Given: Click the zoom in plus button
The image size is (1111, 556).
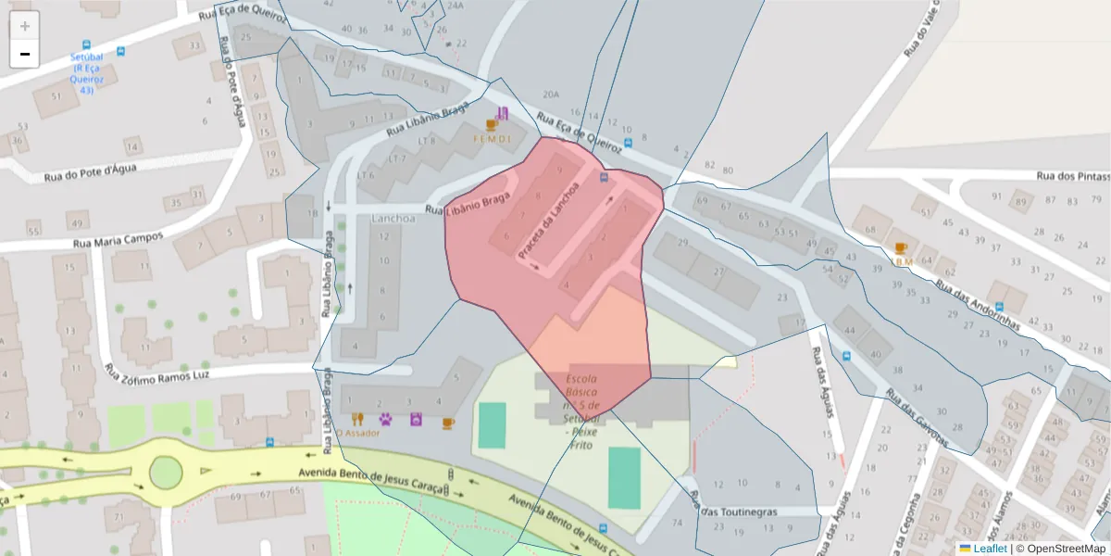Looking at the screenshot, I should click(25, 26).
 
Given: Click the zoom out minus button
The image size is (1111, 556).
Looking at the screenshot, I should click(25, 54).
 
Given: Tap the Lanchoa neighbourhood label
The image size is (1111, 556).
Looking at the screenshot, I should click(393, 218).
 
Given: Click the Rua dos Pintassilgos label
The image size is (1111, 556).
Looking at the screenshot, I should click(1072, 176).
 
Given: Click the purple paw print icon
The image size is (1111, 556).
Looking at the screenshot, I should click(386, 419).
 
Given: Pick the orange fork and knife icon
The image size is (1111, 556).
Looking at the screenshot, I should click(356, 419).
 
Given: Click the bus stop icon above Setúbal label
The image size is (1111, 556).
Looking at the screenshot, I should click(86, 44).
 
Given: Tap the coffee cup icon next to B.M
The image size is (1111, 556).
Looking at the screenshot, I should click(900, 248).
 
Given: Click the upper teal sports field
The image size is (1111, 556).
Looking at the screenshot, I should click(493, 424).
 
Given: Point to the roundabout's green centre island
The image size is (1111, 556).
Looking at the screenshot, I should click(165, 472).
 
